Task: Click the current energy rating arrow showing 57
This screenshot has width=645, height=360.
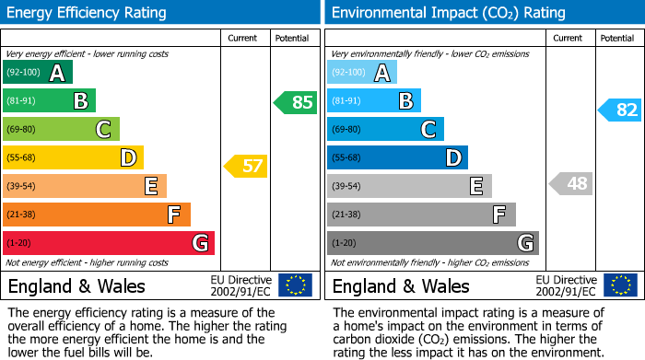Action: pyautogui.click(x=245, y=167)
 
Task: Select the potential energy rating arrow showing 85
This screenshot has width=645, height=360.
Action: pyautogui.click(x=295, y=102)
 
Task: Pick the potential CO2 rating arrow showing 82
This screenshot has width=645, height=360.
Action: pyautogui.click(x=620, y=110)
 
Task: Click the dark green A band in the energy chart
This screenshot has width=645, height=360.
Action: pyautogui.click(x=38, y=73)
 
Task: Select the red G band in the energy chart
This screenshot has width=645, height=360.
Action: pyautogui.click(x=109, y=243)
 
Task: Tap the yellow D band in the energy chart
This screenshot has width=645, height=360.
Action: pyautogui.click(x=74, y=157)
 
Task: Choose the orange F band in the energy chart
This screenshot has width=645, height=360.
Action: pyautogui.click(x=97, y=215)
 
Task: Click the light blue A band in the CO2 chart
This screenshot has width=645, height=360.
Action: pyautogui.click(x=362, y=73)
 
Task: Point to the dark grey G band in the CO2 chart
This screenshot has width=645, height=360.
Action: pyautogui.click(x=433, y=243)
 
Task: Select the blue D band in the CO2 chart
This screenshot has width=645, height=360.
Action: pyautogui.click(x=397, y=157)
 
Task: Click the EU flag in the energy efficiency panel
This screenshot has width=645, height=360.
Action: pyautogui.click(x=295, y=285)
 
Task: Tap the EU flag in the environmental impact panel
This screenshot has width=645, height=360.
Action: pyautogui.click(x=619, y=285)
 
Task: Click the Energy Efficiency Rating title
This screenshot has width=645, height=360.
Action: pyautogui.click(x=88, y=13)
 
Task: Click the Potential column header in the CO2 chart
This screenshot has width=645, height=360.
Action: pyautogui.click(x=617, y=38)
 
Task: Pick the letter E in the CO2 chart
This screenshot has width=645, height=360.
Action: pyautogui.click(x=476, y=186)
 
